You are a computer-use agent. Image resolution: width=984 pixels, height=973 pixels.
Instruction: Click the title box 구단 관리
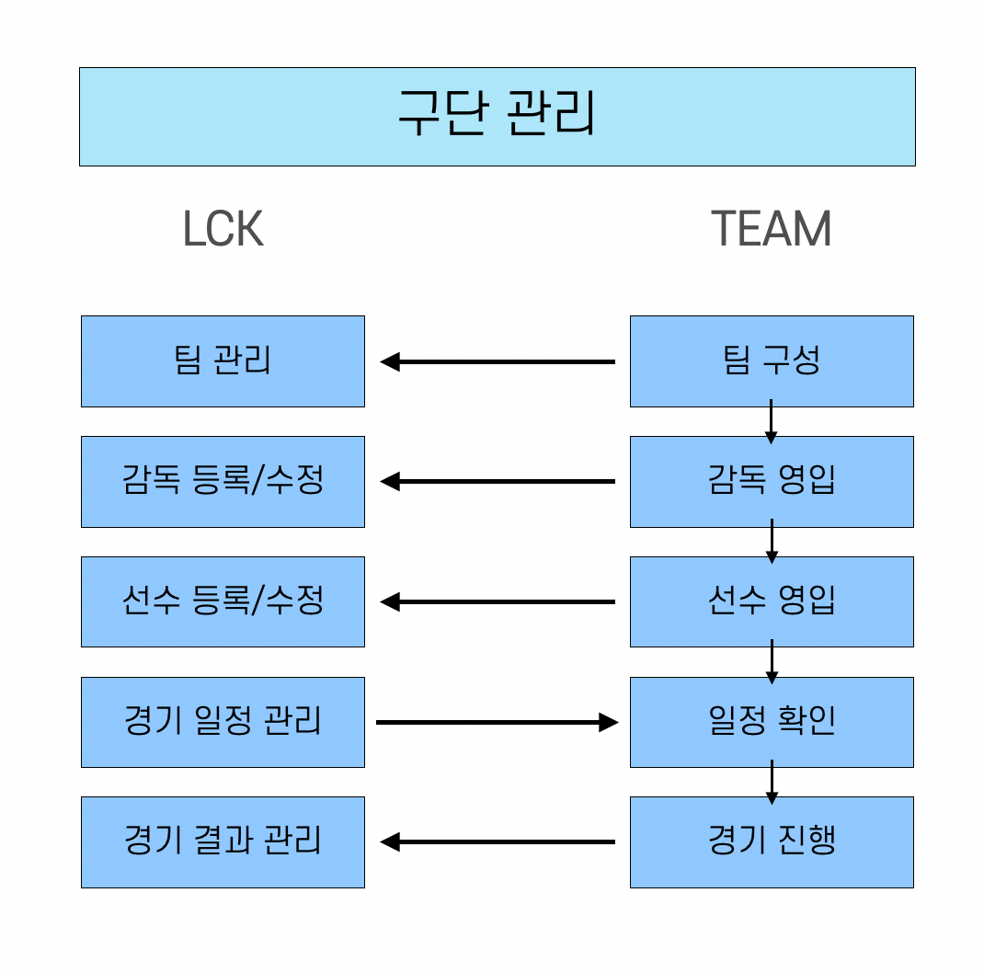pos(497,117)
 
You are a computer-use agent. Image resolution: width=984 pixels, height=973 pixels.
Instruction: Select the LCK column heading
pos(223,229)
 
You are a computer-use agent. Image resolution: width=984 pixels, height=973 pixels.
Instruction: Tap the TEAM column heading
pos(771,229)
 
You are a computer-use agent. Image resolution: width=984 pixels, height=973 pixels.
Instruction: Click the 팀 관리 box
pos(223,361)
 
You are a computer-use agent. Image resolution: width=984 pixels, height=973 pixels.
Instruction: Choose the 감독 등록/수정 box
pos(223,481)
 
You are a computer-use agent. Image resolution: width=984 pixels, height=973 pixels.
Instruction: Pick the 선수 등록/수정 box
pos(223,601)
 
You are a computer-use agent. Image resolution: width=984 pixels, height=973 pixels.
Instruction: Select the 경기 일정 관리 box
pos(223,722)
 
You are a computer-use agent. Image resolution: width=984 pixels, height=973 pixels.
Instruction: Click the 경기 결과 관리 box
pos(223,841)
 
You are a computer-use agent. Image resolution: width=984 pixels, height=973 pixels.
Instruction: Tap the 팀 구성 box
pos(771,361)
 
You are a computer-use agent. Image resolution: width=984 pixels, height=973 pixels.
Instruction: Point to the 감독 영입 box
pos(771,481)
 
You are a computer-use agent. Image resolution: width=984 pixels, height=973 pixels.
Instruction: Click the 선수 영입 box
pos(771,601)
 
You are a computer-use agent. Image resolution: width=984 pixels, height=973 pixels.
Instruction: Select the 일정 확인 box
pos(771,722)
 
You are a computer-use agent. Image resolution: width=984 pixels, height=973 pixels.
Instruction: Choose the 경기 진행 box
pos(771,841)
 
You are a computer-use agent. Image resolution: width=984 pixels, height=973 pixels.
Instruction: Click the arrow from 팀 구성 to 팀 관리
pos(498,361)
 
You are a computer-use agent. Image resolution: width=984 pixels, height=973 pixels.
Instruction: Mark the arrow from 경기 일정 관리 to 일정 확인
pos(498,722)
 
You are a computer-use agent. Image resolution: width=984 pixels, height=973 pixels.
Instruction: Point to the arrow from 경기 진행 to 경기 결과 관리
pos(498,841)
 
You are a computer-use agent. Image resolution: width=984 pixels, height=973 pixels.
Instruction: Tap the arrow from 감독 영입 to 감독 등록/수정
pos(498,481)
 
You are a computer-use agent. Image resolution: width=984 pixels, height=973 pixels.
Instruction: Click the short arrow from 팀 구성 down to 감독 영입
pos(772,421)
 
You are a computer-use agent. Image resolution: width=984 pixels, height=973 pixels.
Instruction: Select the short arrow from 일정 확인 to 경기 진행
pos(772,782)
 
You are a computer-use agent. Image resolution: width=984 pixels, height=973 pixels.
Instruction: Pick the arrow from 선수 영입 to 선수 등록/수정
pos(498,601)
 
